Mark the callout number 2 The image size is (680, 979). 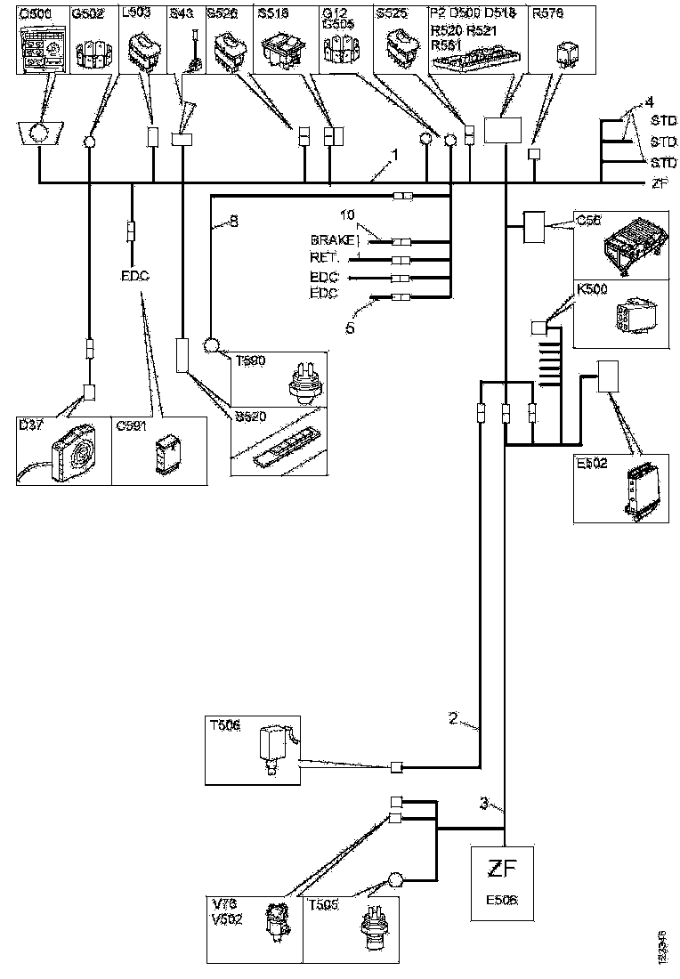453,718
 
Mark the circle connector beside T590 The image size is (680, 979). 214,345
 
